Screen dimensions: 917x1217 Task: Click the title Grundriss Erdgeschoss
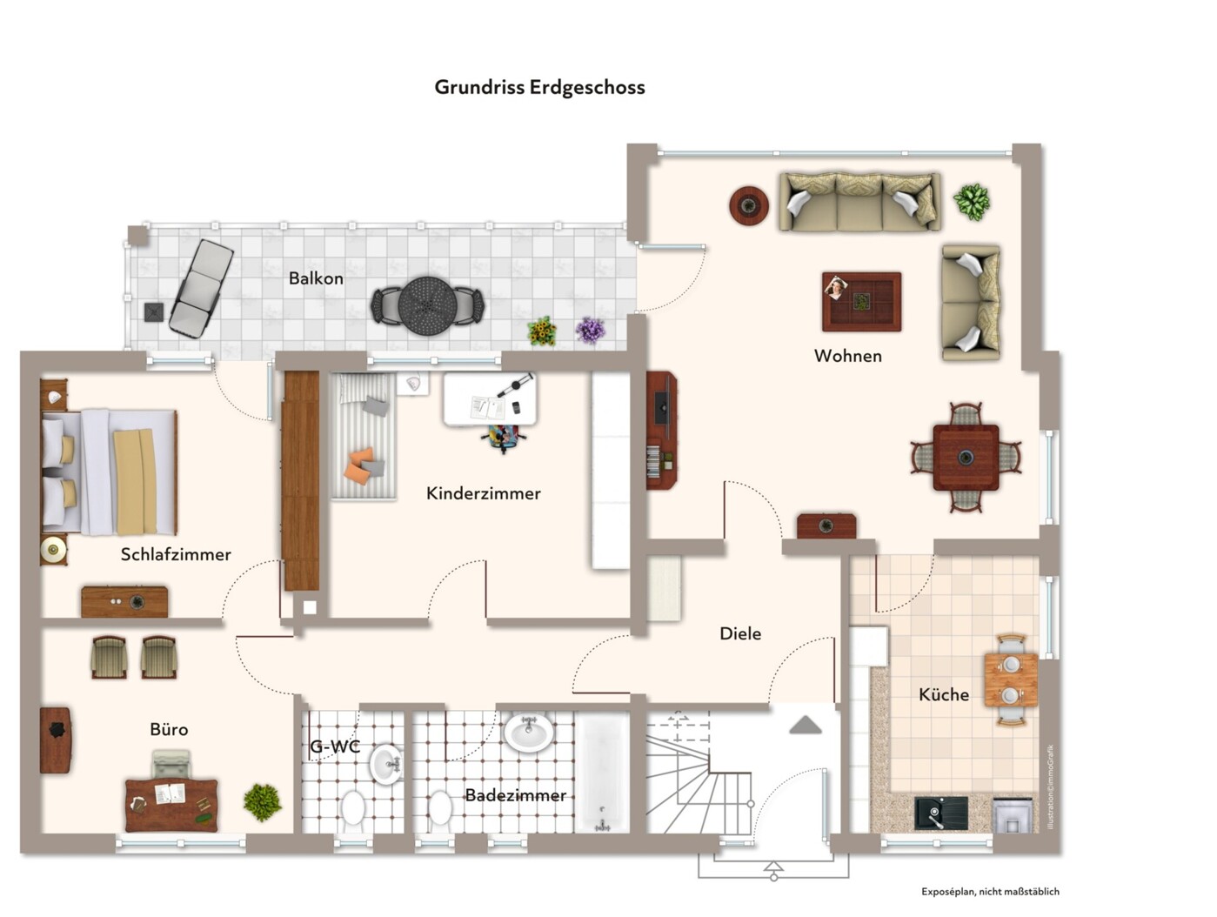click(539, 87)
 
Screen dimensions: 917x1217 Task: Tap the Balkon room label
click(316, 278)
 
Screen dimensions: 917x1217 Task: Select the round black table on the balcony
click(427, 305)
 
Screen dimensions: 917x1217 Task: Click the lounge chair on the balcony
click(201, 288)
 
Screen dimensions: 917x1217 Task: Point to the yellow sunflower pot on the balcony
click(542, 331)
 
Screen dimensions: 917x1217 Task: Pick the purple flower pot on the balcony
click(591, 331)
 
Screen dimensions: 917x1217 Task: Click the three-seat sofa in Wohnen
click(859, 202)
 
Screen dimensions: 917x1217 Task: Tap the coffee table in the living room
click(861, 302)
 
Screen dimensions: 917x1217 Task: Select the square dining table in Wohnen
click(966, 457)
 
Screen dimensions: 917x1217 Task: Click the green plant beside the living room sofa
click(972, 202)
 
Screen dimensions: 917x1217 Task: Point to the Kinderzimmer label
click(484, 493)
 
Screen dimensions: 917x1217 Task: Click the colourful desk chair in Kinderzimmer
click(504, 437)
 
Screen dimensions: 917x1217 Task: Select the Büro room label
click(169, 729)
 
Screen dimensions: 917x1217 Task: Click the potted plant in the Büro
click(262, 801)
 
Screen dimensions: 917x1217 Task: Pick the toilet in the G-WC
click(352, 808)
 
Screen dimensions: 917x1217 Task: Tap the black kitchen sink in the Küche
click(940, 813)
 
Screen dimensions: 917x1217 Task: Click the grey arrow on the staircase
click(806, 725)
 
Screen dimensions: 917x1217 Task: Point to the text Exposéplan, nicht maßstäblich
click(990, 891)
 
